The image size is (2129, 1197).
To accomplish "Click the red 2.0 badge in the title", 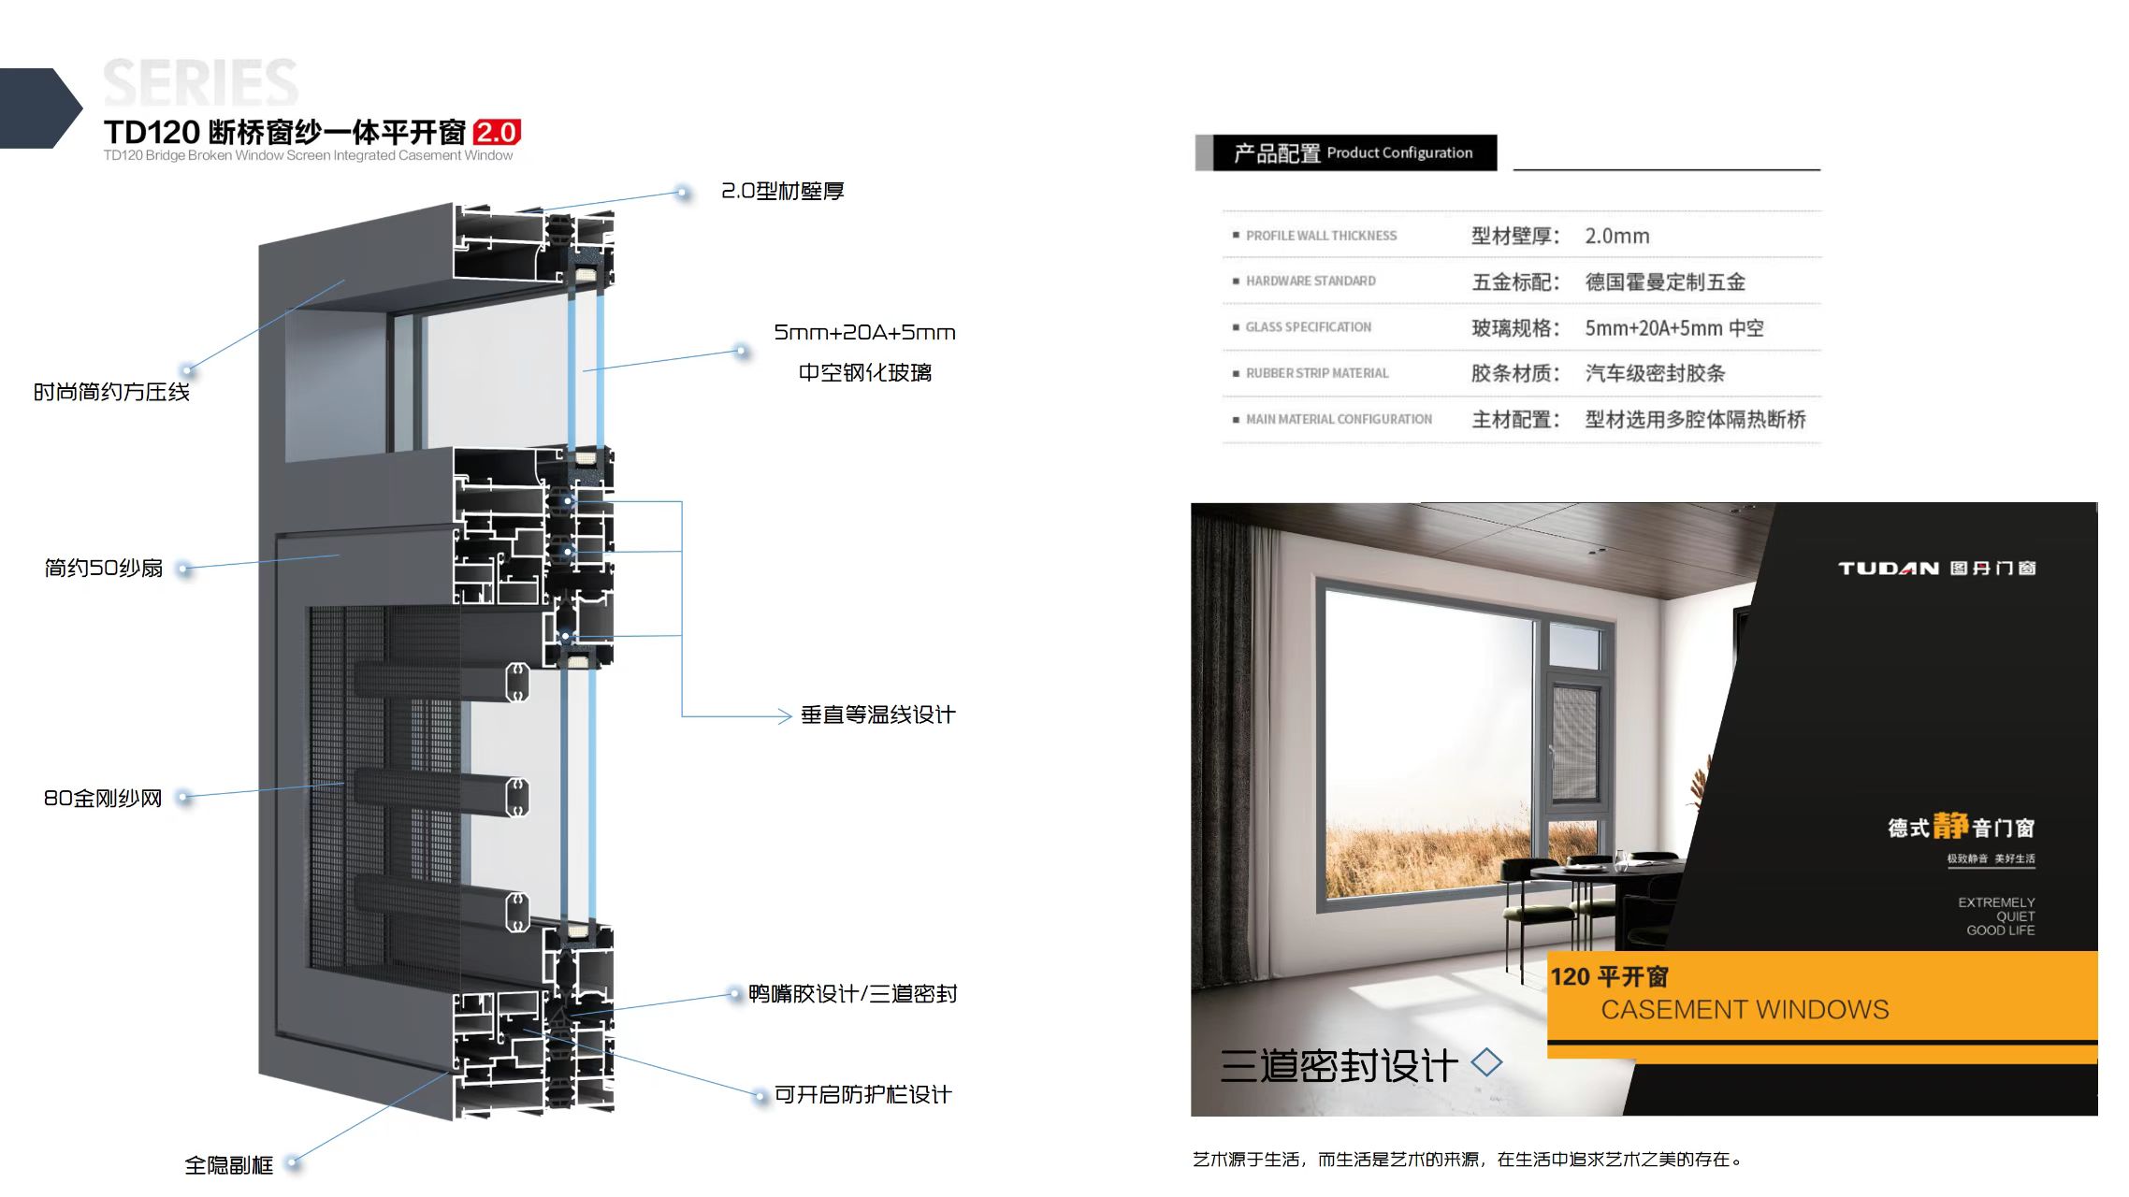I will click(497, 132).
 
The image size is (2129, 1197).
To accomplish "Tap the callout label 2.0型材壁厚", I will click(782, 192).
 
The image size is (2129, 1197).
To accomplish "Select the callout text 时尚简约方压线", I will click(111, 392).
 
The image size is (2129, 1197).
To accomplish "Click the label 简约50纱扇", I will click(104, 568).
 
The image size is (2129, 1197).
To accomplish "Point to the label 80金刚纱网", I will click(103, 798).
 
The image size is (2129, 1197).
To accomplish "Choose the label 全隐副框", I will click(228, 1164).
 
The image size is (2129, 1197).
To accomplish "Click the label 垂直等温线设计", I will click(877, 715).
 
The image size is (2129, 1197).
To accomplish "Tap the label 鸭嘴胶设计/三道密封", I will click(852, 993).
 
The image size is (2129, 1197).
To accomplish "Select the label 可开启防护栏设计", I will click(862, 1094).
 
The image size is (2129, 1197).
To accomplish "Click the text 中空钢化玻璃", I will click(864, 372).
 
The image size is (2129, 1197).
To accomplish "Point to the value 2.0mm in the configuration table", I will click(1616, 237).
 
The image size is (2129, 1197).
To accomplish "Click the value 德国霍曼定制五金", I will click(1665, 281).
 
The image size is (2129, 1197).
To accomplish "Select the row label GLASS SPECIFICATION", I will click(1308, 327).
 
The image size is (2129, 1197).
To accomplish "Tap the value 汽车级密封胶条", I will click(1655, 373).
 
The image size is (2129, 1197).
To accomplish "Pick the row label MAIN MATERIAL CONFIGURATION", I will click(1338, 419).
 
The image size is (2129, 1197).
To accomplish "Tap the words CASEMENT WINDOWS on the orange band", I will click(1745, 1010).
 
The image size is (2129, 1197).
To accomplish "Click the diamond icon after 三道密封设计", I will click(1486, 1062).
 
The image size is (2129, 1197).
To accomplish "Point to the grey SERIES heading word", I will click(200, 82).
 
